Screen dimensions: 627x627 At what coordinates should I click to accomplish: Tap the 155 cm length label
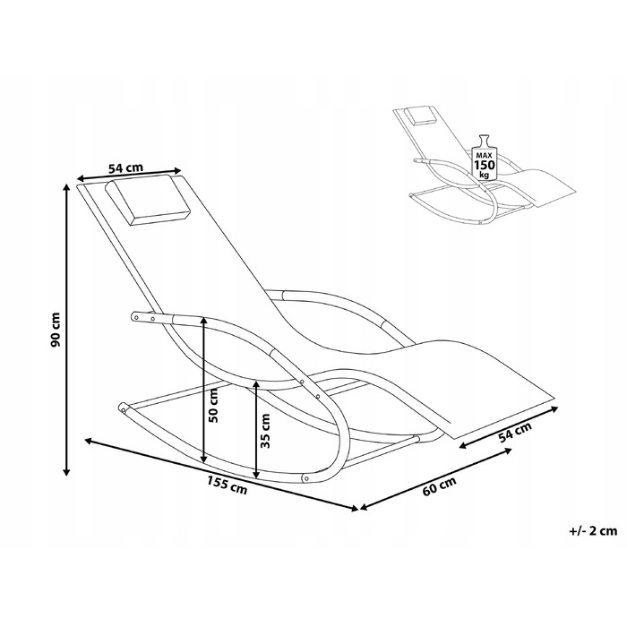[x=228, y=484]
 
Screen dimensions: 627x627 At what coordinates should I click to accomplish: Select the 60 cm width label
[x=439, y=485]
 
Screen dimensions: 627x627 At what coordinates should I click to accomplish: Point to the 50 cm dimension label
[x=213, y=405]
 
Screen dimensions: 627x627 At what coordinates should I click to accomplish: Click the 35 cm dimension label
[x=265, y=431]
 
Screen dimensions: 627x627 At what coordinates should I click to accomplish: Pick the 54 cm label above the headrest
[x=125, y=167]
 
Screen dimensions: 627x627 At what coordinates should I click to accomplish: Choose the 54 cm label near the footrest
[x=515, y=433]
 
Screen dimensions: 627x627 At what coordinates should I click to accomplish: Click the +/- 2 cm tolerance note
[x=593, y=530]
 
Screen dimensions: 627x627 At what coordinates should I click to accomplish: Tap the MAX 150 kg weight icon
[x=485, y=157]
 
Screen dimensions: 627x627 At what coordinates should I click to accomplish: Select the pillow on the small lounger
[x=420, y=115]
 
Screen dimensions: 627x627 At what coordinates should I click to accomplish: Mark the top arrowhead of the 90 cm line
[x=67, y=187]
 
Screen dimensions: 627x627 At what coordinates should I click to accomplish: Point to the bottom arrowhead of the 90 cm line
[x=67, y=472]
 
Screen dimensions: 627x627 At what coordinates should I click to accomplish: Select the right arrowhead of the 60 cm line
[x=509, y=450]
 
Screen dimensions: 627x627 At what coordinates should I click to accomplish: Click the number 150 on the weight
[x=485, y=165]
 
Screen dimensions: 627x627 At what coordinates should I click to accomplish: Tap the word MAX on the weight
[x=485, y=154]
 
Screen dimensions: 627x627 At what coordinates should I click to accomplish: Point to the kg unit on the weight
[x=485, y=175]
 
